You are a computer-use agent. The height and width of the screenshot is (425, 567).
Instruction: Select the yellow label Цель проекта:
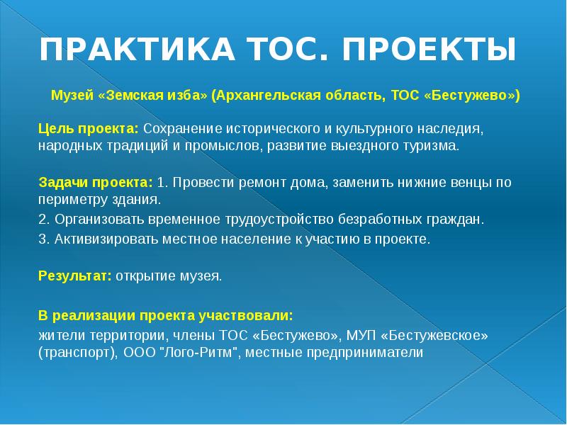[x=89, y=130]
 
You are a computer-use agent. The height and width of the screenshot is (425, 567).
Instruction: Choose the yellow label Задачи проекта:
[x=96, y=182]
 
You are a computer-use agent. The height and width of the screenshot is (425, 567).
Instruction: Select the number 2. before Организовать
[x=43, y=219]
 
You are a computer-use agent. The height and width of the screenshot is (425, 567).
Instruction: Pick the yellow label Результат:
[x=74, y=276]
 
